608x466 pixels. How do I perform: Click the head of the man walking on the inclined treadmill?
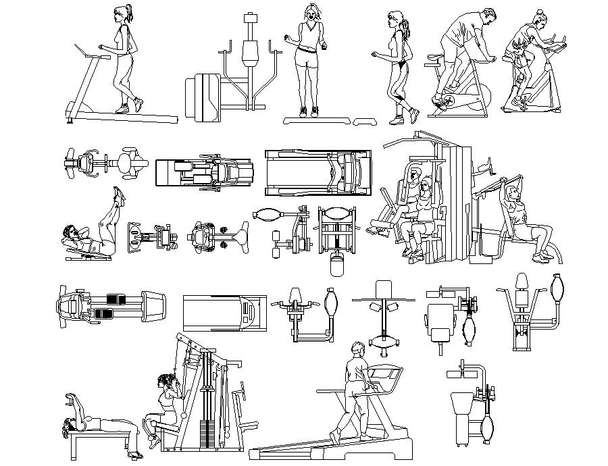click(x=358, y=351)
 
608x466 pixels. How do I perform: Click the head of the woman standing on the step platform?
click(x=311, y=12)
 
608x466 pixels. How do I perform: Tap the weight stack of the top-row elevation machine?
click(x=203, y=99)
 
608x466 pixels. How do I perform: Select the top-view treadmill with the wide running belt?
click(x=318, y=173)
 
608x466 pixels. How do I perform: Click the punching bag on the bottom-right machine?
click(x=488, y=426)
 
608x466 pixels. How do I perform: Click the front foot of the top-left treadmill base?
click(x=70, y=120)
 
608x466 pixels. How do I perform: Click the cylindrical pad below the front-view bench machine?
click(x=336, y=265)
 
